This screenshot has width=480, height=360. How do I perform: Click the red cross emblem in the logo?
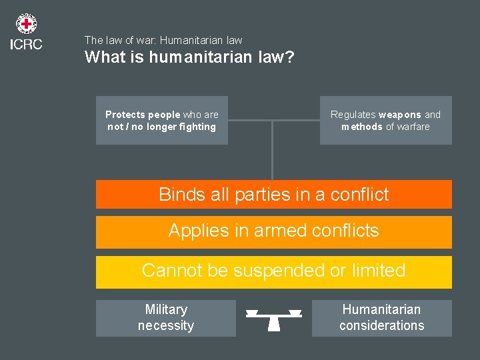coord(26,25)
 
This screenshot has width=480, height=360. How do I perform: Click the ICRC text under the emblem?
coord(26,45)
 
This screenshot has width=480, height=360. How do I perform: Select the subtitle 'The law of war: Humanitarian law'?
coord(163,40)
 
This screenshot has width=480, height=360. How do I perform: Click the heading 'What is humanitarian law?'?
coord(189,57)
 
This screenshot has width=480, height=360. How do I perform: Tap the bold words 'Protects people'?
coord(143,115)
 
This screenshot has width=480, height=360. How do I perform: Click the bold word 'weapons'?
coord(400,115)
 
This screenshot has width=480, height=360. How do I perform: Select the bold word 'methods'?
coord(362,127)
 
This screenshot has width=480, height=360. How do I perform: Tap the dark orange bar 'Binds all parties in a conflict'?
coord(273,195)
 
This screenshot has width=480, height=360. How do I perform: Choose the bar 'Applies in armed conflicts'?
coord(273,231)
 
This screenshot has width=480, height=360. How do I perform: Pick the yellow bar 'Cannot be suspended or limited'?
coord(273,271)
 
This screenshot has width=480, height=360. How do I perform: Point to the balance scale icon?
coord(274,319)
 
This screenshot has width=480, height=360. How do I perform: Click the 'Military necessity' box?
coord(166,318)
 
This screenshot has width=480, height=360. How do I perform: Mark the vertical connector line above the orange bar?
coord(272,150)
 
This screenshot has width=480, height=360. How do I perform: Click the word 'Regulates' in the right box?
coord(353,115)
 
